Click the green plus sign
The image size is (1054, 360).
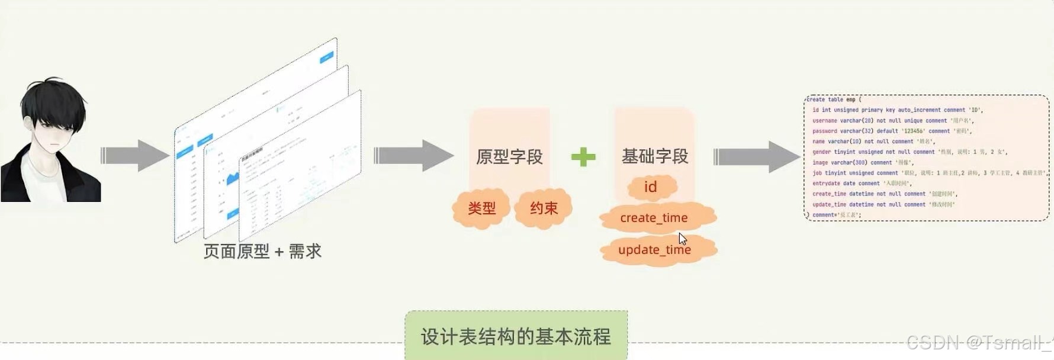[583, 157]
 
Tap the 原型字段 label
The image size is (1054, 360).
[509, 157]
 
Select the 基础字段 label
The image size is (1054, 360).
[654, 156]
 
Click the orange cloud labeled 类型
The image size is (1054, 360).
[481, 208]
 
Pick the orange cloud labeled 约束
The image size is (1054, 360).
[544, 208]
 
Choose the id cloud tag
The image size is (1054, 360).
[650, 187]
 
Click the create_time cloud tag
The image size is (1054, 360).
[654, 218]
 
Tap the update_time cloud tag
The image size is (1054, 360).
[654, 250]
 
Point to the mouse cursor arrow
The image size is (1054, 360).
[682, 238]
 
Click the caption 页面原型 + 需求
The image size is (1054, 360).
[262, 252]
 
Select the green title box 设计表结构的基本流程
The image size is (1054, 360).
[516, 336]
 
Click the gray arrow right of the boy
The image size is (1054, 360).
[135, 156]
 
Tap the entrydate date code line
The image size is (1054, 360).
[862, 184]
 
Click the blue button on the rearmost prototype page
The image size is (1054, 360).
[326, 57]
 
